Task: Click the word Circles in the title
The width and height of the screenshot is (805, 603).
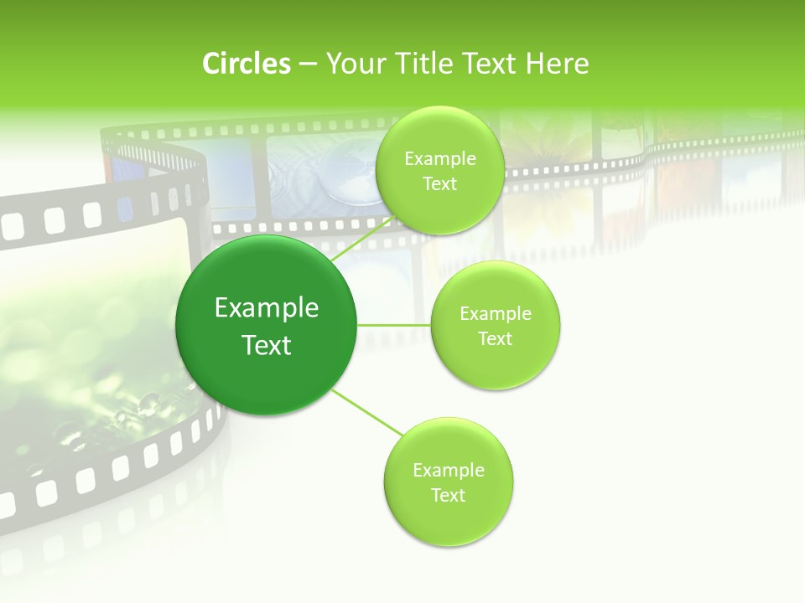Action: pyautogui.click(x=247, y=64)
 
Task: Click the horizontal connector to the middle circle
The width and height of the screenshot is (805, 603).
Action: pyautogui.click(x=394, y=325)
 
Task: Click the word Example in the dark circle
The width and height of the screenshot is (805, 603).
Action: pyautogui.click(x=267, y=308)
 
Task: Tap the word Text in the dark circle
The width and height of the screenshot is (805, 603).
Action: pyautogui.click(x=267, y=345)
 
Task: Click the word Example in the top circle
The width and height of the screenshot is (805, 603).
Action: pyautogui.click(x=440, y=159)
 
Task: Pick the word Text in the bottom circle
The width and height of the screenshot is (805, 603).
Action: pyautogui.click(x=449, y=495)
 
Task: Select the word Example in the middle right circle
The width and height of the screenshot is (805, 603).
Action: pyautogui.click(x=496, y=314)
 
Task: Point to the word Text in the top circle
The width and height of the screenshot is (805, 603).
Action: pyautogui.click(x=439, y=184)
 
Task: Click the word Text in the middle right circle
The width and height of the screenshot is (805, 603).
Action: pyautogui.click(x=496, y=339)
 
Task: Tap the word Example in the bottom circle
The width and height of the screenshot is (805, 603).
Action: pyautogui.click(x=449, y=470)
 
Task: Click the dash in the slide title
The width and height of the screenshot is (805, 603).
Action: pyautogui.click(x=308, y=64)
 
